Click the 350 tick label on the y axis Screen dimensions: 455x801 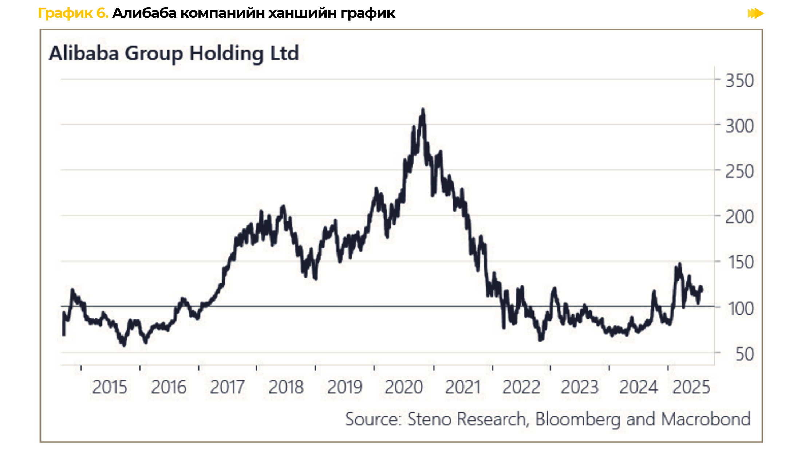click(x=739, y=81)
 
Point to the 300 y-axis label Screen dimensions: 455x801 click(x=739, y=126)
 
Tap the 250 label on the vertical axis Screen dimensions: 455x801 click(x=739, y=172)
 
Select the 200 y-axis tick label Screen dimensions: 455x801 click(x=739, y=217)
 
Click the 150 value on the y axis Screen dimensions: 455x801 click(x=739, y=263)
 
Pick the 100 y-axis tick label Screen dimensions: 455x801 click(x=741, y=309)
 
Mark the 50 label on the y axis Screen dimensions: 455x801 click(x=744, y=354)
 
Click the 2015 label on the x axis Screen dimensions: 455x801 click(x=109, y=387)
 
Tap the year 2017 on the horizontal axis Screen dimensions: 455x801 click(x=227, y=387)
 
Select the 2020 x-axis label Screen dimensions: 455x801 click(x=404, y=387)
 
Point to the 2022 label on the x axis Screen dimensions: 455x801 click(x=521, y=387)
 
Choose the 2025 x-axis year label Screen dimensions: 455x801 click(x=691, y=387)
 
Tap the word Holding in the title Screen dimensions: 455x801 click(x=226, y=53)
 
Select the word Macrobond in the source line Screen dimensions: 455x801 click(x=706, y=419)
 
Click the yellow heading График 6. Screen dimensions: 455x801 click(x=73, y=13)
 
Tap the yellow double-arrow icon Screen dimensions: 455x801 click(x=756, y=13)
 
